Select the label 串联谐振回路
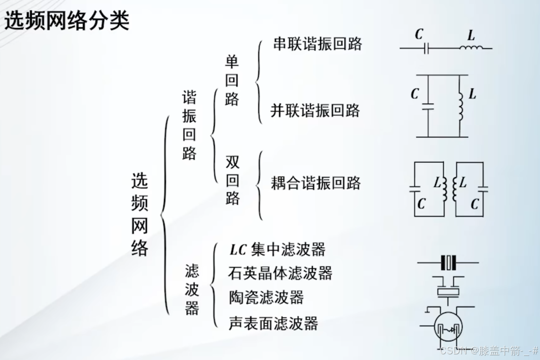pyautogui.click(x=317, y=44)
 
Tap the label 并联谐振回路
pyautogui.click(x=315, y=110)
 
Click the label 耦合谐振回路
pyautogui.click(x=316, y=183)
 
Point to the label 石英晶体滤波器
pyautogui.click(x=280, y=273)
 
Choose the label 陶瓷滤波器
pyautogui.click(x=266, y=298)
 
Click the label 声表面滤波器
pyautogui.click(x=274, y=323)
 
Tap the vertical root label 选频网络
pyautogui.click(x=140, y=214)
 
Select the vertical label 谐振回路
pyautogui.click(x=190, y=126)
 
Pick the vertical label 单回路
pyautogui.click(x=232, y=81)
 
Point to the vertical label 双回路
pyautogui.click(x=233, y=181)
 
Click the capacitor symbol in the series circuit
pyautogui.click(x=426, y=48)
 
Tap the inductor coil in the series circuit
pyautogui.click(x=471, y=48)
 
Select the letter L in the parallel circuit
pyautogui.click(x=472, y=94)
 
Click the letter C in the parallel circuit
pyautogui.click(x=415, y=94)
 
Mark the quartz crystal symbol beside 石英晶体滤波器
pyautogui.click(x=449, y=262)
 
